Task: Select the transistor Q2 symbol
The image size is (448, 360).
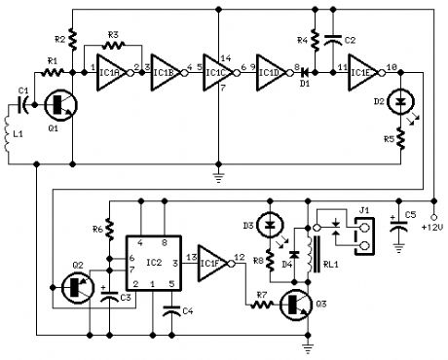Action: click(x=74, y=287)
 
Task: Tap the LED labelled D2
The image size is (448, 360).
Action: click(x=398, y=101)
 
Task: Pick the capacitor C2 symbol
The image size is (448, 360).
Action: click(x=334, y=41)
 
